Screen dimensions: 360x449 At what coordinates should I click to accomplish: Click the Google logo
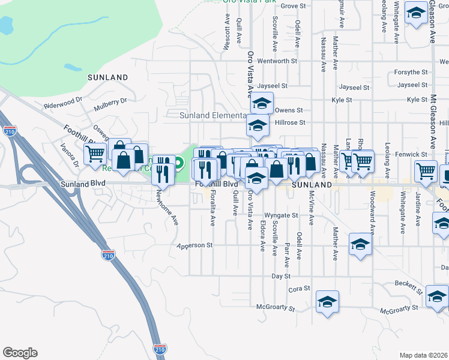(20, 353)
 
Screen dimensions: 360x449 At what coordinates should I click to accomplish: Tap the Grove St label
(294, 6)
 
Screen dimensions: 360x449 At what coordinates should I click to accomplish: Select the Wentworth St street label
(277, 61)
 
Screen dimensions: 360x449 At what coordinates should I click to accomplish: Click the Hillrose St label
(290, 122)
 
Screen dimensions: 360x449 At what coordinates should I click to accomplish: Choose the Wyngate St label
(281, 215)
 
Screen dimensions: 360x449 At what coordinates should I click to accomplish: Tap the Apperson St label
(194, 245)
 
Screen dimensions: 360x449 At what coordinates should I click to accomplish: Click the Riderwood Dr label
(62, 103)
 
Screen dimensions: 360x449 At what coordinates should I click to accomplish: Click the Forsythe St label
(411, 73)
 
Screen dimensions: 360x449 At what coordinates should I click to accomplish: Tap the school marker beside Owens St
(262, 104)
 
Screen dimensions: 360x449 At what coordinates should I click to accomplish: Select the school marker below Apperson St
(360, 244)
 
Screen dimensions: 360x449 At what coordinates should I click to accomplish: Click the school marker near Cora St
(328, 302)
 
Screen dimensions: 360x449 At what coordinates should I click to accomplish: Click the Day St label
(280, 276)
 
